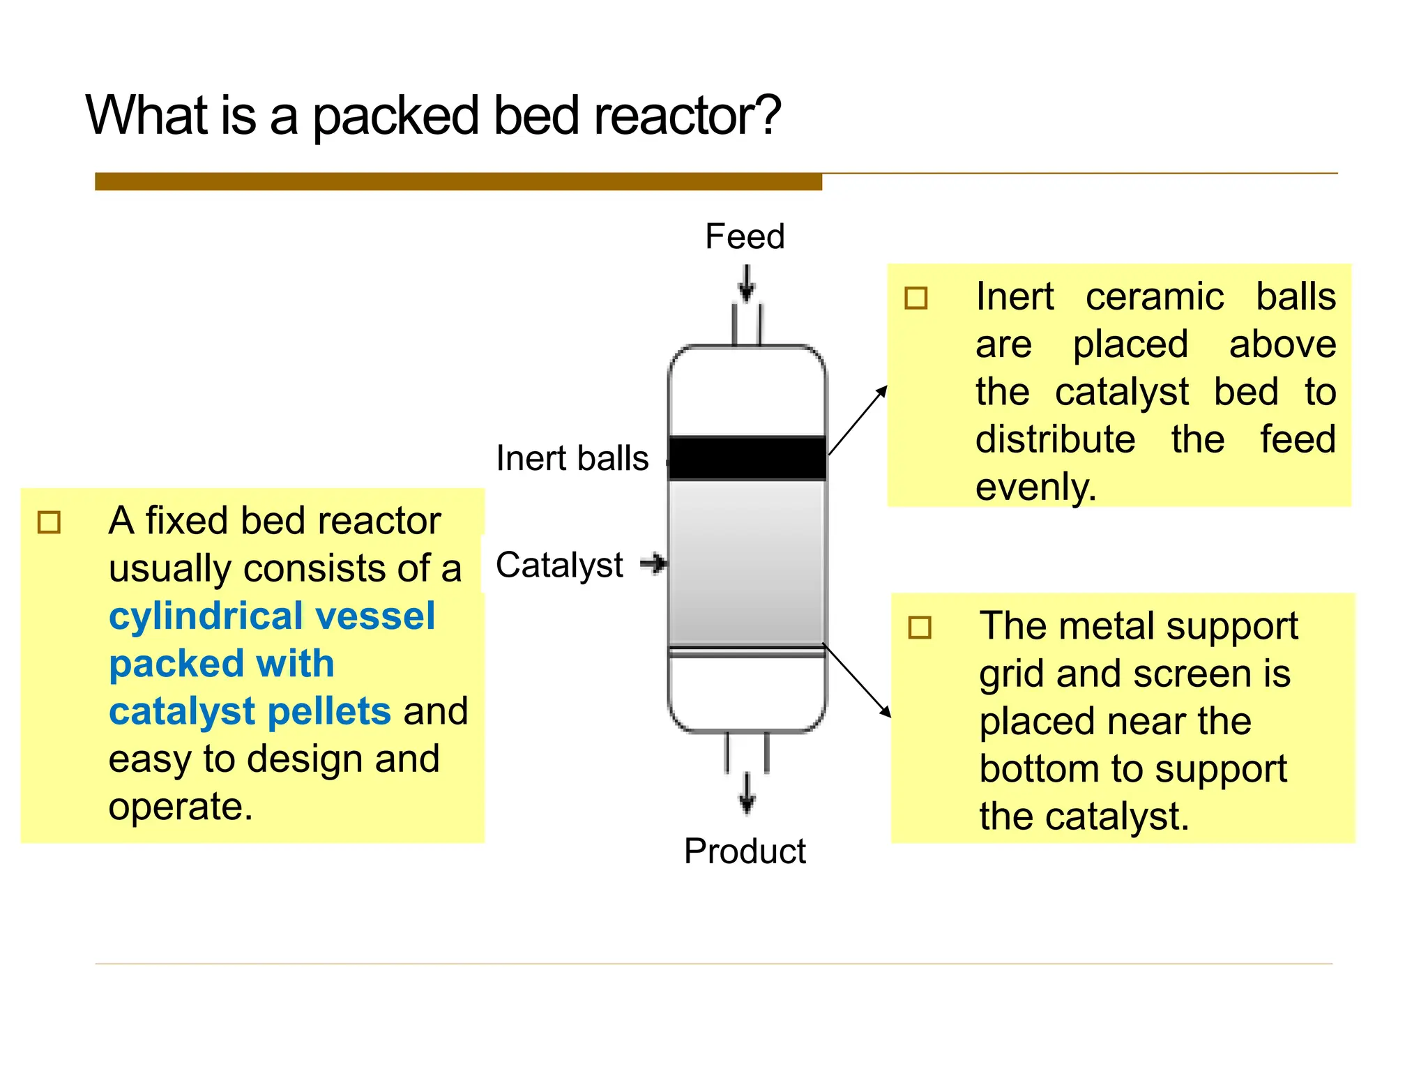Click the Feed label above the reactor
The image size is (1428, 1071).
pyautogui.click(x=745, y=236)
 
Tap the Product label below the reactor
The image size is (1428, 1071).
pyautogui.click(x=745, y=851)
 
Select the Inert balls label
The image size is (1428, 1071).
pyautogui.click(x=572, y=459)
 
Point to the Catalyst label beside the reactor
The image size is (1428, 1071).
pyautogui.click(x=559, y=565)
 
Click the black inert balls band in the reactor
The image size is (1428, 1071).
pyautogui.click(x=747, y=458)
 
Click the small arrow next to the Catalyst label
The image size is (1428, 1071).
pyautogui.click(x=654, y=563)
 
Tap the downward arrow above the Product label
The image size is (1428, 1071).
pyautogui.click(x=747, y=793)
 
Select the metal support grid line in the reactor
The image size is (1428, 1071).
pyautogui.click(x=747, y=652)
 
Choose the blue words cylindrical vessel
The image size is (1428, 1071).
pyautogui.click(x=272, y=616)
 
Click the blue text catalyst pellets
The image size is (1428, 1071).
pyautogui.click(x=250, y=712)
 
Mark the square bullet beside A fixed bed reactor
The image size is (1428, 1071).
pyautogui.click(x=50, y=522)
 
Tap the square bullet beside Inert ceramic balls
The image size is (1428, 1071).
pyautogui.click(x=916, y=298)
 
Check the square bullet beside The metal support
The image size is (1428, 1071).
pyautogui.click(x=920, y=628)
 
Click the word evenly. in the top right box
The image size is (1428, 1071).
pyautogui.click(x=1035, y=487)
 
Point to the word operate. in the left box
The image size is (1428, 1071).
pyautogui.click(x=181, y=807)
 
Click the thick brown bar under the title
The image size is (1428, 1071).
pyautogui.click(x=458, y=182)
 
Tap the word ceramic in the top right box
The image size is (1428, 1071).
pyautogui.click(x=1154, y=297)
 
